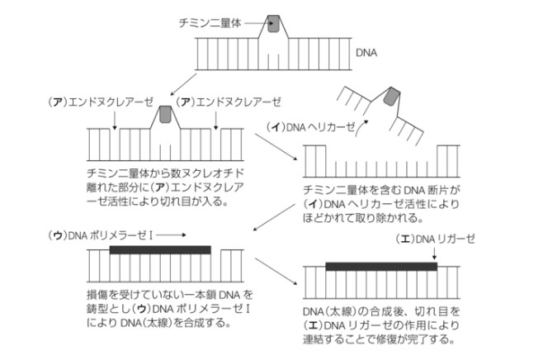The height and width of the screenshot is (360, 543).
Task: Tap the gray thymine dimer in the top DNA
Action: tap(274, 26)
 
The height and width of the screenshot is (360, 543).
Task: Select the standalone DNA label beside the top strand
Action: tap(367, 53)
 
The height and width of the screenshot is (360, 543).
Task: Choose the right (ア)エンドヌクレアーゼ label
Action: tap(229, 102)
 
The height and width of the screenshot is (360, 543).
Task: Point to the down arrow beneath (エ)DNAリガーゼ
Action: tap(434, 254)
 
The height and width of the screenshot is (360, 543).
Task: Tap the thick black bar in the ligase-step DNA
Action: tap(380, 267)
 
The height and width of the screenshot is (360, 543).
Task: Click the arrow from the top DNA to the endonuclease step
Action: tap(184, 83)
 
